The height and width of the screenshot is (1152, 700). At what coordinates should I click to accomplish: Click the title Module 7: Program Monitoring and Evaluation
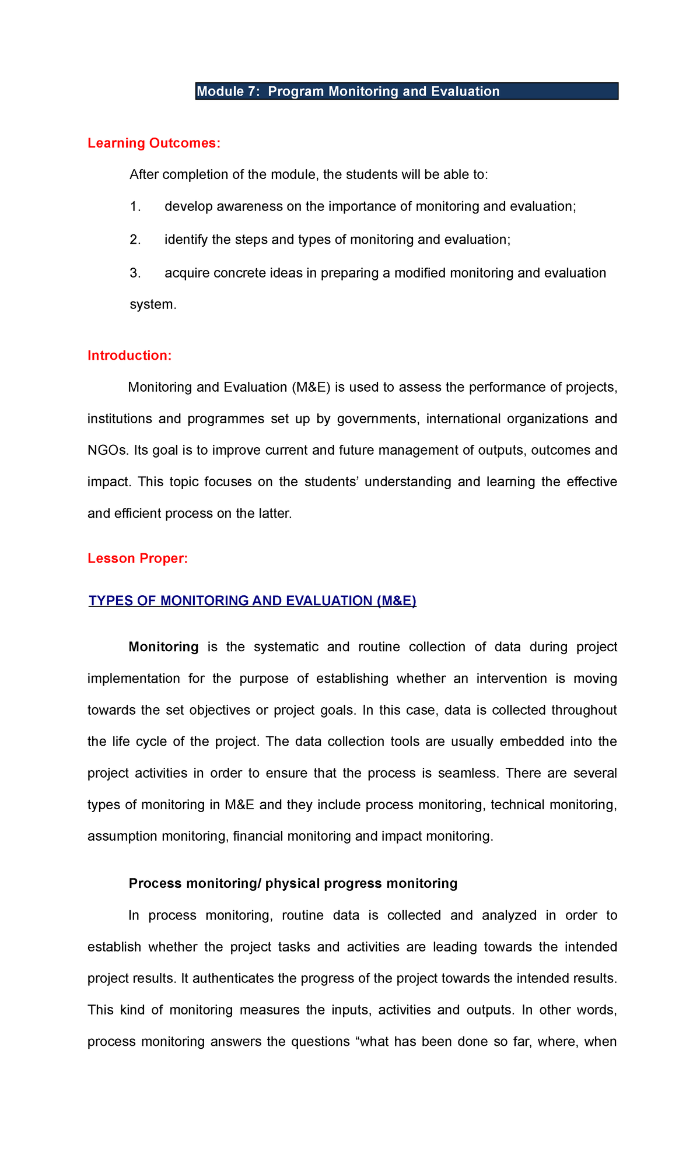coord(348,92)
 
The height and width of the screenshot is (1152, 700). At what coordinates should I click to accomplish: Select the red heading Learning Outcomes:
coord(154,143)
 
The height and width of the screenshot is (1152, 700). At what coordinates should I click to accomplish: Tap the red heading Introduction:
coord(129,356)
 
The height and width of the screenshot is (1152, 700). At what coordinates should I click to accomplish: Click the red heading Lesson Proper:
coord(138,559)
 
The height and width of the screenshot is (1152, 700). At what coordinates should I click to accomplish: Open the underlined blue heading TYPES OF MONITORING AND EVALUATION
coord(252,601)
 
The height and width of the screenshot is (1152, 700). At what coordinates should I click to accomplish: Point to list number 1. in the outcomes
coord(135,207)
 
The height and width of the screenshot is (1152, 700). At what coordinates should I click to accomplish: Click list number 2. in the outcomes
coord(135,240)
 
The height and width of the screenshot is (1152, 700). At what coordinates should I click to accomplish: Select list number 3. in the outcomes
coord(135,273)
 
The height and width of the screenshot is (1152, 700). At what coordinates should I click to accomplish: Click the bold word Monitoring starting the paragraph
coord(163,647)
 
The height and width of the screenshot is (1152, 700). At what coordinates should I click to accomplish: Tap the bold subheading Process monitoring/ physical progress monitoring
coord(293,884)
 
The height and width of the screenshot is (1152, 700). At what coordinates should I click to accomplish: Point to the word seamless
coord(468,774)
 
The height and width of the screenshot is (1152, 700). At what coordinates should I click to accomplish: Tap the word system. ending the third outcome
coord(152,305)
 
